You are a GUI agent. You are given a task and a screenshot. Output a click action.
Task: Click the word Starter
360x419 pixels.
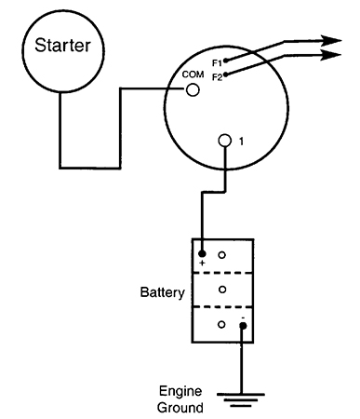(62, 46)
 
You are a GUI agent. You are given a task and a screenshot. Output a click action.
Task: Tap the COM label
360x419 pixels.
(193, 74)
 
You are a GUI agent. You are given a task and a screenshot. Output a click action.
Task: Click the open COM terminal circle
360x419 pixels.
(193, 90)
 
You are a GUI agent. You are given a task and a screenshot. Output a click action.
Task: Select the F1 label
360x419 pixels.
(217, 63)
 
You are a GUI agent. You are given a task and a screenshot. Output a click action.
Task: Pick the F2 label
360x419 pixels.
(218, 77)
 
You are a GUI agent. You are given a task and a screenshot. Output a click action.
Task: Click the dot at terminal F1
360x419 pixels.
(226, 61)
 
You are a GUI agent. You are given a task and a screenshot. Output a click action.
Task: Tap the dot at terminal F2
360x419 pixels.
(226, 74)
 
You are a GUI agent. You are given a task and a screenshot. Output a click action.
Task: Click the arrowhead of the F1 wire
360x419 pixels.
(330, 41)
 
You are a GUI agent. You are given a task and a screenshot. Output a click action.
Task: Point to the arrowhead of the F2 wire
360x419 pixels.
(330, 55)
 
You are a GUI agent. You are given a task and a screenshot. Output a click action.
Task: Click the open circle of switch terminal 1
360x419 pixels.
(225, 141)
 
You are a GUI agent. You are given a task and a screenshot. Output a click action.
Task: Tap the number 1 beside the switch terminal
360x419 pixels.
(241, 142)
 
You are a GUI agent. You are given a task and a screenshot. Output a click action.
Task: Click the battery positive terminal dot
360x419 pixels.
(202, 254)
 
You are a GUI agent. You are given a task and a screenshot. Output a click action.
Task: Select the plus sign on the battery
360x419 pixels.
(202, 264)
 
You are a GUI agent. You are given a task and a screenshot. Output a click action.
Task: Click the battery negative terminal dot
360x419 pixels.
(243, 326)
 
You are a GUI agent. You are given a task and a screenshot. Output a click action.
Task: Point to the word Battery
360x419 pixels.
(162, 292)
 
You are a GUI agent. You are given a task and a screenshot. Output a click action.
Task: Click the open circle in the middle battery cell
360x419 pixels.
(222, 290)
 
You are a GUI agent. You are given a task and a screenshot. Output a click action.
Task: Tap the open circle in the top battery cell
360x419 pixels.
(221, 255)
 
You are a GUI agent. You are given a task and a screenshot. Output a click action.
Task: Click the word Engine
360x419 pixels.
(180, 392)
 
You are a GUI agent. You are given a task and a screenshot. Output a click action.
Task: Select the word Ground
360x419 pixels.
(180, 407)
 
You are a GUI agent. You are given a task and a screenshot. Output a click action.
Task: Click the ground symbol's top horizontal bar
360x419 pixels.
(241, 395)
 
